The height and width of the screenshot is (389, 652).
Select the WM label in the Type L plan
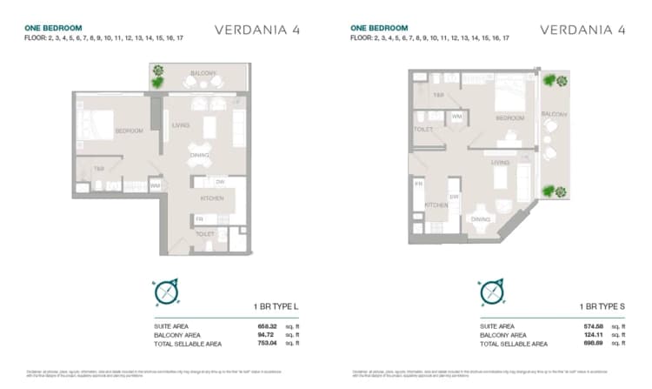[155, 184]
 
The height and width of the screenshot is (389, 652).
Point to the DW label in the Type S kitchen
[454, 197]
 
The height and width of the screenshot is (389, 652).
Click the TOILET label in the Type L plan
[205, 234]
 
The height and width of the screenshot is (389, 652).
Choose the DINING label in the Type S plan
[480, 219]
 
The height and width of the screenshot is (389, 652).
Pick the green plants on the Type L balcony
[157, 77]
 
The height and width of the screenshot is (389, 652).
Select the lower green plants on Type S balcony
[549, 190]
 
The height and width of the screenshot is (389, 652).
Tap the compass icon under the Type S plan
[491, 292]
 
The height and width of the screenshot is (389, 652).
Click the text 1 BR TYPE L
[275, 307]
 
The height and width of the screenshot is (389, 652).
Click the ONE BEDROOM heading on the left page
[53, 28]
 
